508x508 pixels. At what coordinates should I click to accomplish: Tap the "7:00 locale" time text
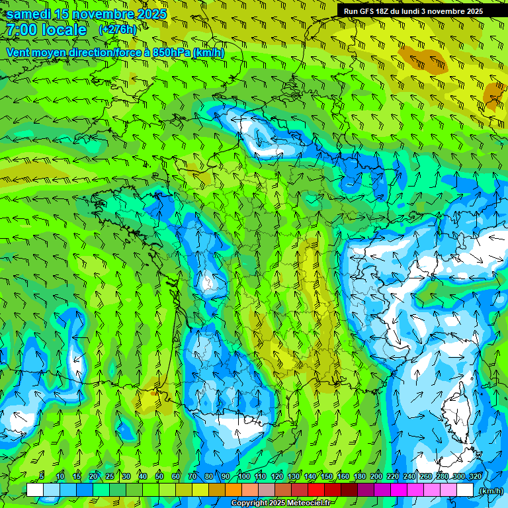[x=46, y=30]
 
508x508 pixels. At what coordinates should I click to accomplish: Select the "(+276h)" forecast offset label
[x=117, y=30]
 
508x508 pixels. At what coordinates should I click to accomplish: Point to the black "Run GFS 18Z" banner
[x=413, y=11]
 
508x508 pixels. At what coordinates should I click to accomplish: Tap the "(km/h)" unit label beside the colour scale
[x=490, y=491]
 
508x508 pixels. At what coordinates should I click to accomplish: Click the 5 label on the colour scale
[x=42, y=476]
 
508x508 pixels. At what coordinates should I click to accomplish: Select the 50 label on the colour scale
[x=159, y=476]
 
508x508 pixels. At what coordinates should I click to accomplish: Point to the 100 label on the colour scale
[x=243, y=476]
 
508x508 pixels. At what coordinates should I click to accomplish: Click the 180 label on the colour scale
[x=359, y=476]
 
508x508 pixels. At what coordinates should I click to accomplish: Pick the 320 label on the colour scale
[x=475, y=476]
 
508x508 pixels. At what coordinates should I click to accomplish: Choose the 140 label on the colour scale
[x=310, y=476]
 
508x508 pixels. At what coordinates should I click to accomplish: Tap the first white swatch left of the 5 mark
[x=35, y=489]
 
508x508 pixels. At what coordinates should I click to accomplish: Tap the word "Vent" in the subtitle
[x=19, y=52]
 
